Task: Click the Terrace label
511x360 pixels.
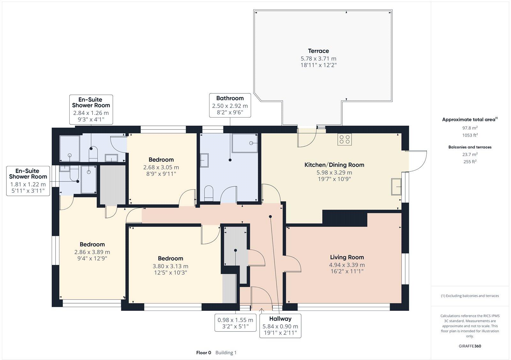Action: click(x=318, y=51)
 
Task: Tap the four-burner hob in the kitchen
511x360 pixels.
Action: click(x=345, y=139)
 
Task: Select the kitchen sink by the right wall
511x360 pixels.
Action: click(x=396, y=186)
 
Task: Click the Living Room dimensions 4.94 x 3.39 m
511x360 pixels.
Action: click(x=347, y=265)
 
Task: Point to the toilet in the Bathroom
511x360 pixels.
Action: click(x=209, y=193)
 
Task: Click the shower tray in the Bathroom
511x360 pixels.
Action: click(x=245, y=143)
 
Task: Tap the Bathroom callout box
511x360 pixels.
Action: click(x=230, y=105)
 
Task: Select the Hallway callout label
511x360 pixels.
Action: click(x=280, y=319)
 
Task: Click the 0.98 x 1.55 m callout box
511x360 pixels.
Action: click(x=235, y=323)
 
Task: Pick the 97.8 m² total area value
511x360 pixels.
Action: click(x=470, y=128)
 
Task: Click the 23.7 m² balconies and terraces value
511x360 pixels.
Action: click(x=470, y=154)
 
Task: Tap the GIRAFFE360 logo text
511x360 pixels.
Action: click(x=470, y=346)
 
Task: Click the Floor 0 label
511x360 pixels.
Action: click(x=204, y=353)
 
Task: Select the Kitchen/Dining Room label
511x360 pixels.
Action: click(x=334, y=165)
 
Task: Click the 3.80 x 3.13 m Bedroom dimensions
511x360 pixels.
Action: click(x=170, y=266)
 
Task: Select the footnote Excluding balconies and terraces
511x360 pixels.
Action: click(x=470, y=296)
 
